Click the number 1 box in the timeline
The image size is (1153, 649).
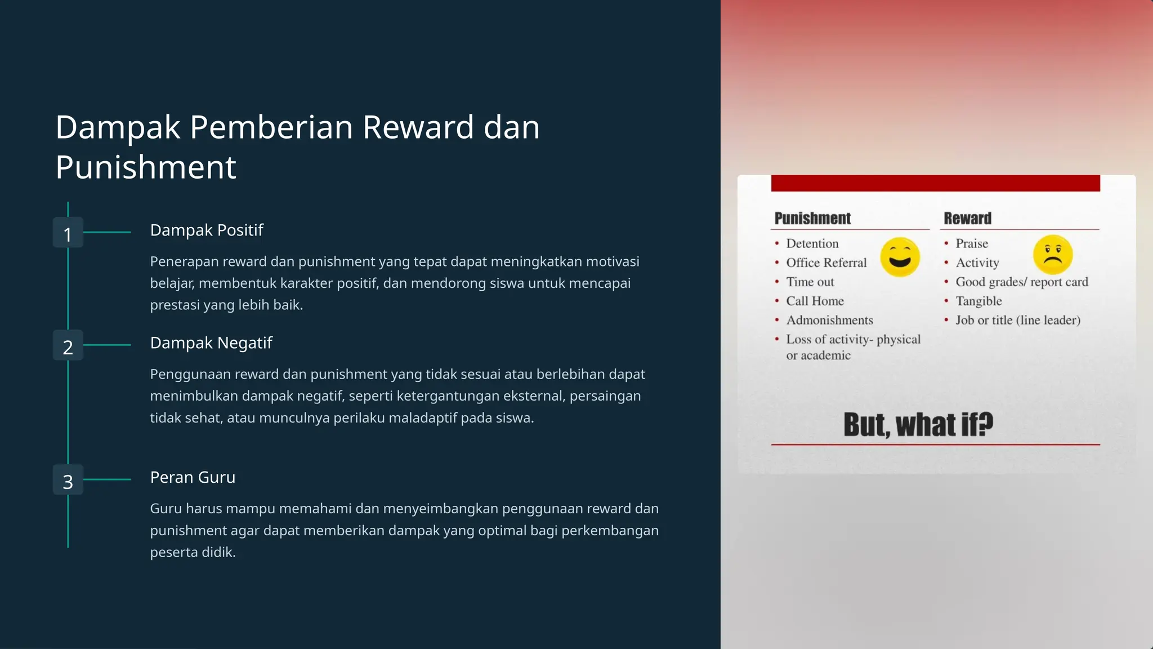coord(68,233)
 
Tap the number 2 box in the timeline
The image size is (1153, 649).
coord(68,345)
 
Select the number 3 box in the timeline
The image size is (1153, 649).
coord(68,480)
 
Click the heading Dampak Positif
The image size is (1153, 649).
coord(207,230)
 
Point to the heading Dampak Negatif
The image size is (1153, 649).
coord(211,343)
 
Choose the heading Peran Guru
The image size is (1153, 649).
coord(193,477)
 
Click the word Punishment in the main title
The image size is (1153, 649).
coord(146,167)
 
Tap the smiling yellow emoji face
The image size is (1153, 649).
coord(900,257)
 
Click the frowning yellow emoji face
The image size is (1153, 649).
coord(1052,255)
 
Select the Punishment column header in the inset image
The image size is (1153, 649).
coord(812,219)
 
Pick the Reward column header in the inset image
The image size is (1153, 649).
coord(967,219)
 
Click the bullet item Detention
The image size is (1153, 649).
coord(812,243)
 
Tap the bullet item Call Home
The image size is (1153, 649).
coord(815,301)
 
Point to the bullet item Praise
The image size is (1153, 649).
coord(971,243)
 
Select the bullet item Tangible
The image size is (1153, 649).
coord(978,301)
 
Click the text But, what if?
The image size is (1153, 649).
coord(918,425)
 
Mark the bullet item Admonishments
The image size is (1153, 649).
coord(829,320)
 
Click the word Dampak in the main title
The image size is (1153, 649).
coord(118,127)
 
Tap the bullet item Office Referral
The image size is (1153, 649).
coord(826,263)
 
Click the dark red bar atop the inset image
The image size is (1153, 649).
coord(935,183)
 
